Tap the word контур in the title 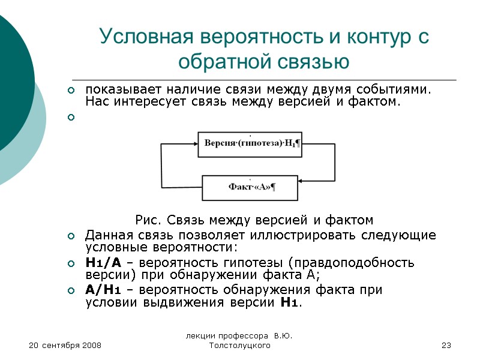(x=359, y=37)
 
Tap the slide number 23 (x=445, y=346)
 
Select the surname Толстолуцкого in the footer (x=238, y=346)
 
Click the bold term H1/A (x=103, y=263)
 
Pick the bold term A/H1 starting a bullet (x=103, y=290)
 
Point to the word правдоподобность (x=356, y=263)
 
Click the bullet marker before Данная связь (x=71, y=235)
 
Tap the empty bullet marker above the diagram (x=71, y=117)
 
